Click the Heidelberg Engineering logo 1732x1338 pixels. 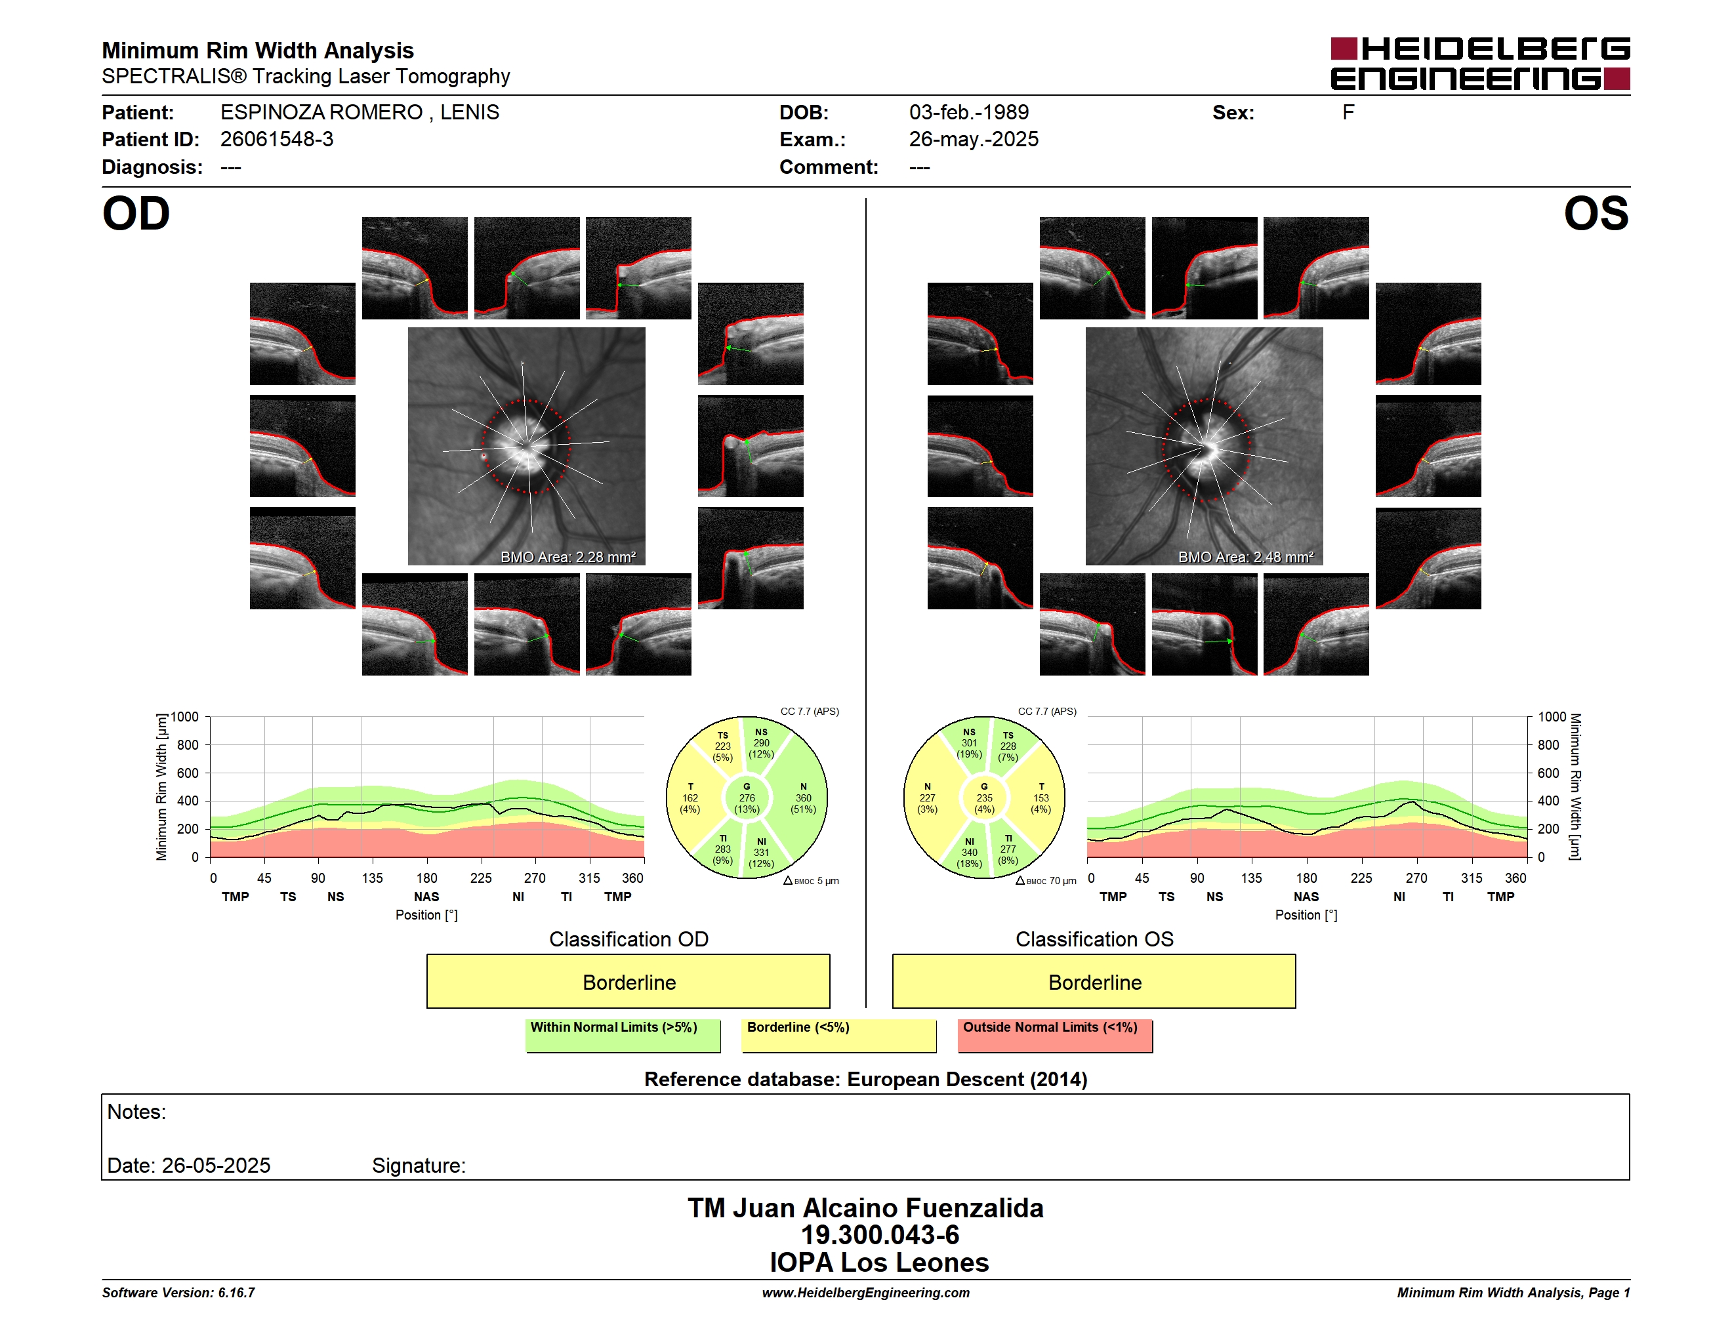pos(1480,64)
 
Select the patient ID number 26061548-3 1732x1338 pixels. pos(277,140)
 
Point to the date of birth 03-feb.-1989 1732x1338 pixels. pos(968,113)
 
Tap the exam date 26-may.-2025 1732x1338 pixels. pos(973,140)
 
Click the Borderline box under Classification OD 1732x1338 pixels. pos(628,981)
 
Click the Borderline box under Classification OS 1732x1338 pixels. pos(1094,981)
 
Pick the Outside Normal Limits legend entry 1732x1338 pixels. pos(1055,1035)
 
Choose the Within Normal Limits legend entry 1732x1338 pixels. pos(623,1035)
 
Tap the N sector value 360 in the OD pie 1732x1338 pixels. pos(804,798)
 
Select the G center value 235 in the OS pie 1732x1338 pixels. pos(984,798)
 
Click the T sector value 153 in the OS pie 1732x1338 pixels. pos(1041,798)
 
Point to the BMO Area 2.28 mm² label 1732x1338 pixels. pos(567,557)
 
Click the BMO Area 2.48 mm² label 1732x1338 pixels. pos(1245,557)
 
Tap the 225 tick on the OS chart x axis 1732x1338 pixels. pos(1361,878)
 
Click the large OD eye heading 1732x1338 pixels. pos(136,214)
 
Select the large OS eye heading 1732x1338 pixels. pos(1596,214)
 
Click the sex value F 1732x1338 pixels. pos(1348,113)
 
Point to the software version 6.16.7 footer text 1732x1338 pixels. pos(178,1293)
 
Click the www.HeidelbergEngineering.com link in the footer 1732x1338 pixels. pos(865,1293)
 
